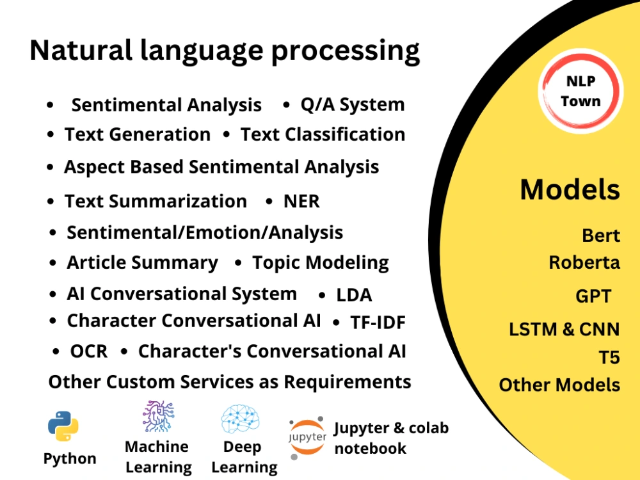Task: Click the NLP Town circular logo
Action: point(580,92)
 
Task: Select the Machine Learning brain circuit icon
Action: point(157,417)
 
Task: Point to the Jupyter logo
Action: point(307,438)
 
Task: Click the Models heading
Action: point(570,189)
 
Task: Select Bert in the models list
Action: point(601,236)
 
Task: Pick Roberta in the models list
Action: point(584,262)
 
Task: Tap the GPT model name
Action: point(593,296)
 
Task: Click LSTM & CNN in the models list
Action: point(564,330)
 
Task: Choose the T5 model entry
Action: point(609,357)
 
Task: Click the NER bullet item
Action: point(301,202)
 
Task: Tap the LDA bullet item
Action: point(354,295)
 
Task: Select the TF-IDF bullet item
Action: point(378,323)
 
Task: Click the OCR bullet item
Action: point(88,351)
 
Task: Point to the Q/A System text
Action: point(352,105)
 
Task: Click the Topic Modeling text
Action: point(320,263)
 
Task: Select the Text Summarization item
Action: point(156,202)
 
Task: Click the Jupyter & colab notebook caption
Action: point(391,438)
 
